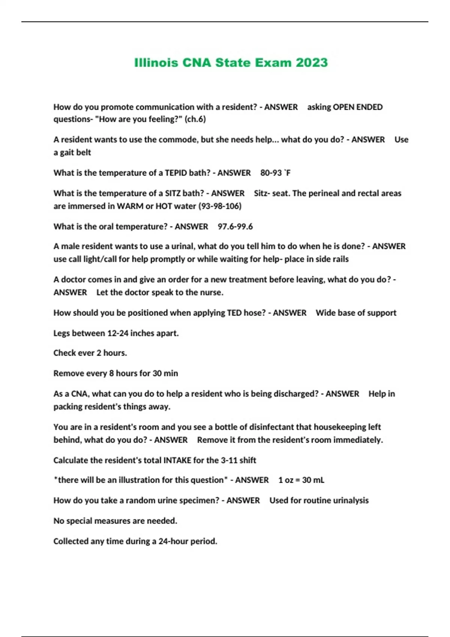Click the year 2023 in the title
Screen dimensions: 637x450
coord(312,63)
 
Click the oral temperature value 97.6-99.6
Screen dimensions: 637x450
coord(235,227)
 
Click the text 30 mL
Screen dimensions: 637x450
coord(313,480)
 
